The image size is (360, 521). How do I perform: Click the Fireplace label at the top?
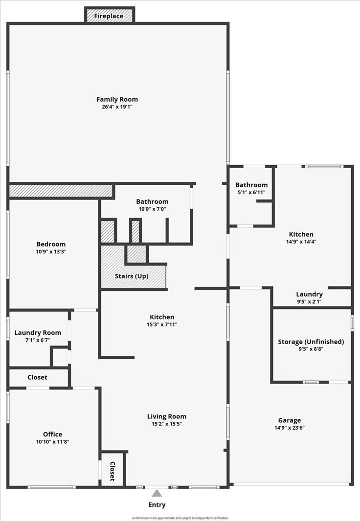pos(109,16)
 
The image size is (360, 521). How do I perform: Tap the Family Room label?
pos(117,99)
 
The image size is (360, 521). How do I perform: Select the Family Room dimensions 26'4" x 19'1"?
pos(117,107)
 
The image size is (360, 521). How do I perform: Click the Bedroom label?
pos(51,244)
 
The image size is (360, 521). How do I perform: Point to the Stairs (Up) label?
pos(132,276)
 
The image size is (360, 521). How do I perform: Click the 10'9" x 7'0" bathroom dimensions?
pos(152,209)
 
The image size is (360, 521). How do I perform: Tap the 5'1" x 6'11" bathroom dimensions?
pos(251,193)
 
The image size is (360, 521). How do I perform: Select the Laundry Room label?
pos(38,333)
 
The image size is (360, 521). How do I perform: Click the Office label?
pos(52,434)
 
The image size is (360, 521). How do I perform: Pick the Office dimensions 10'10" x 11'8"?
pos(52,441)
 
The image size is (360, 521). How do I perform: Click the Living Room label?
pos(167,416)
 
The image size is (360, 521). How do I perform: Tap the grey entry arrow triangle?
pos(157,494)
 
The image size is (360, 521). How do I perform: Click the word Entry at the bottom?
pos(157,505)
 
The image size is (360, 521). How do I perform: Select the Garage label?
pos(290,420)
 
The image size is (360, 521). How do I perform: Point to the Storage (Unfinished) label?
pos(311,342)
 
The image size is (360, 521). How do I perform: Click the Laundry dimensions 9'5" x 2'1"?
pos(310,302)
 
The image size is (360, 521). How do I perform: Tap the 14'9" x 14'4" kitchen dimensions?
pos(301,241)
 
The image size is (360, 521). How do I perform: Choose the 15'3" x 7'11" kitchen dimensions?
pos(162,325)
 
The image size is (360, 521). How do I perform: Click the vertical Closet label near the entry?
pos(112,471)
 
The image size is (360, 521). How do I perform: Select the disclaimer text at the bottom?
pos(180,518)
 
